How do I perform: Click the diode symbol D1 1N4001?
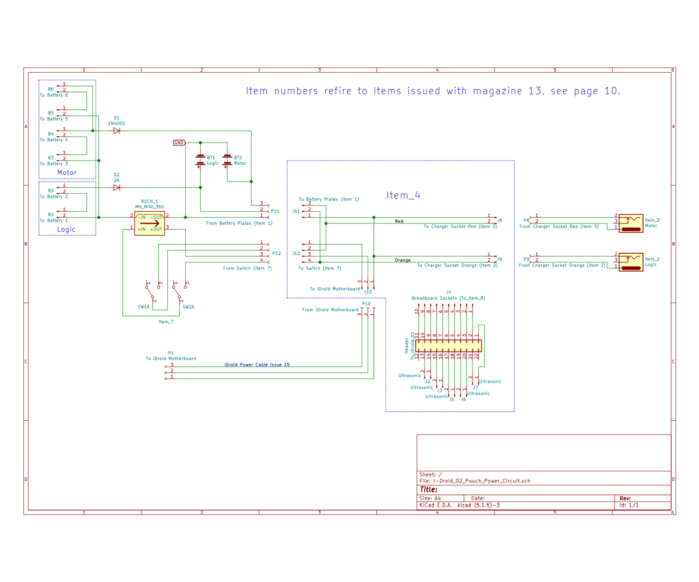tap(116, 131)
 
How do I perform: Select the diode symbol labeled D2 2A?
tap(116, 187)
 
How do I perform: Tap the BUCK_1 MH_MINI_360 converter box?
tap(149, 222)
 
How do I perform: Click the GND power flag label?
tap(179, 143)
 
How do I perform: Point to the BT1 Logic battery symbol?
tap(200, 161)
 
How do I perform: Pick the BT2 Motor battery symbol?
tap(227, 161)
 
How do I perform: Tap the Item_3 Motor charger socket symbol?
tap(631, 222)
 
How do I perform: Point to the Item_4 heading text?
tap(403, 196)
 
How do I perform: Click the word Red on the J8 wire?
tap(398, 221)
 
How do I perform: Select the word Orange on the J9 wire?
tap(403, 260)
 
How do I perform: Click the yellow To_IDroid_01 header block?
tap(447, 345)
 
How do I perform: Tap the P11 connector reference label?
tap(275, 211)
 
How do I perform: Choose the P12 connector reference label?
tap(276, 253)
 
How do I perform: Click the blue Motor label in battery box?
tap(66, 172)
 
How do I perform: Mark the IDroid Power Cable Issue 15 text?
tap(257, 364)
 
